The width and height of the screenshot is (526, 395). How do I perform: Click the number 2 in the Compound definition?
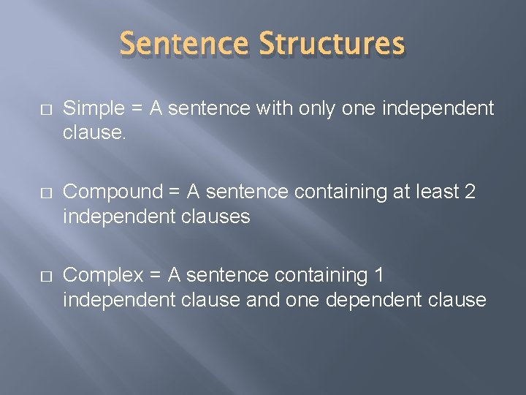[x=470, y=192]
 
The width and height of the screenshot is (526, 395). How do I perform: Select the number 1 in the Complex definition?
[x=378, y=276]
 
